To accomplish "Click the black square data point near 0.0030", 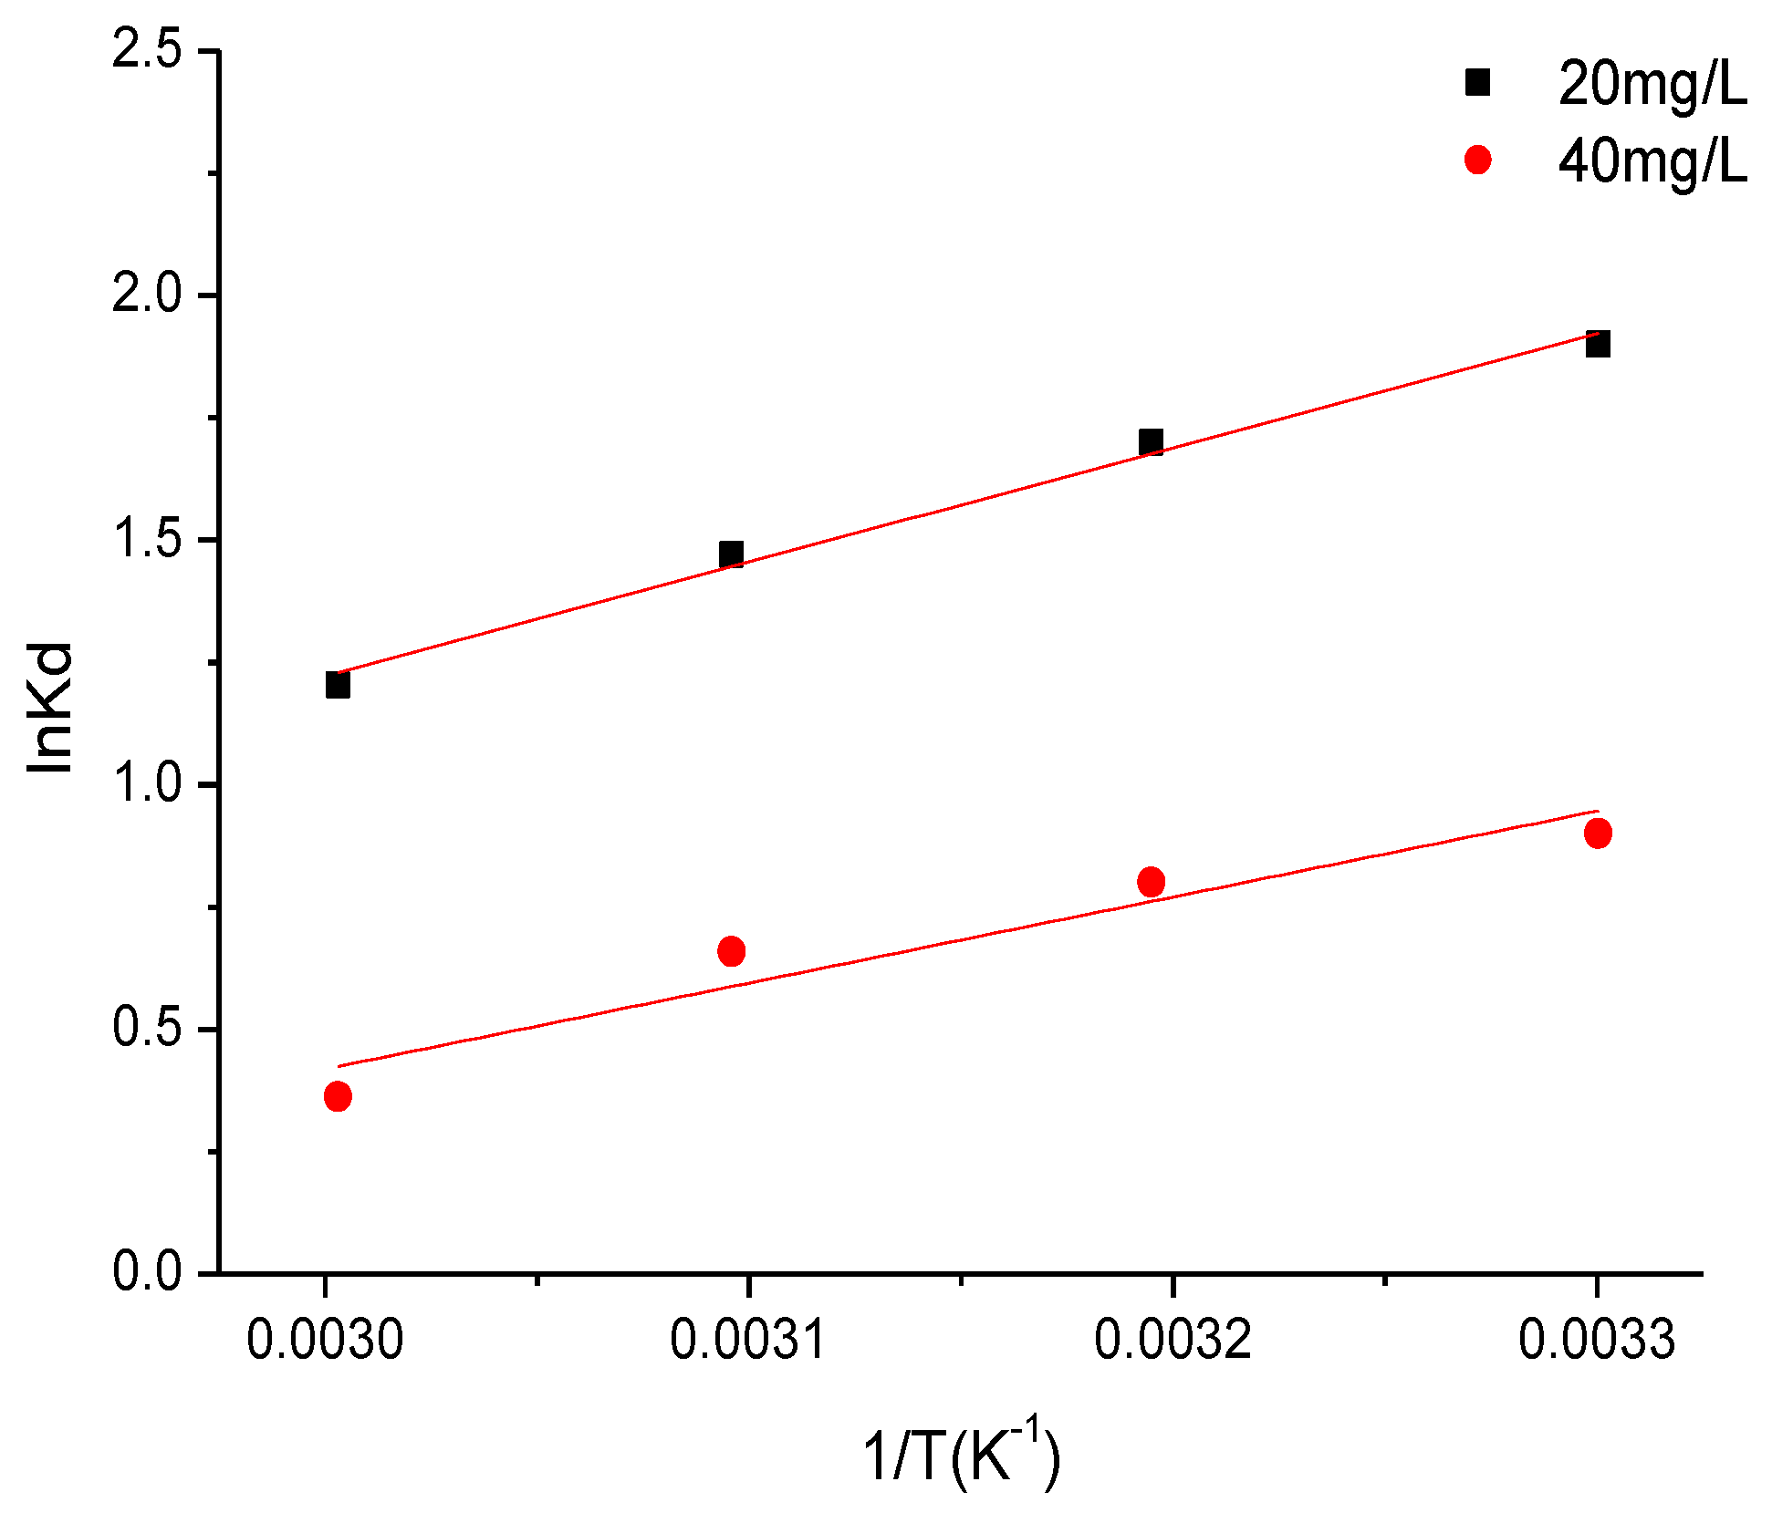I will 338,685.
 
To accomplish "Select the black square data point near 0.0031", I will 731,554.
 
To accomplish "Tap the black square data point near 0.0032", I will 1152,443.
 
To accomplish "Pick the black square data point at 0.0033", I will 1598,345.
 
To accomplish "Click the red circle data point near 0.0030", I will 338,1096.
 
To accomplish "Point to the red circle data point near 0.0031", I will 731,952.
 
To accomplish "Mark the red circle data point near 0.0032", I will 1152,882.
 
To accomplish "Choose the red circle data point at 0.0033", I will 1598,833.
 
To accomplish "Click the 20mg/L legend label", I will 1652,85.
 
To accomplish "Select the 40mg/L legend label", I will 1652,162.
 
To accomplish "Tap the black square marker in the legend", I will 1477,83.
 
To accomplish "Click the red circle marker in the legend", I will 1477,161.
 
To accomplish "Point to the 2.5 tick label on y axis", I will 147,50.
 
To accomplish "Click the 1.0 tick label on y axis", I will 147,784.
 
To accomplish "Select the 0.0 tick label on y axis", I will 147,1271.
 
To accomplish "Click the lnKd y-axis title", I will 50,708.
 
